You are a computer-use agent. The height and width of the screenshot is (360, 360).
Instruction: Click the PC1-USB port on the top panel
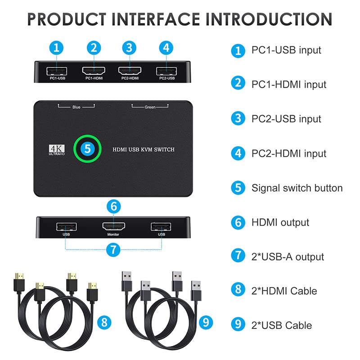point(56,71)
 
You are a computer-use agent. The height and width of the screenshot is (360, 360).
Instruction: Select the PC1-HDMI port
point(94,71)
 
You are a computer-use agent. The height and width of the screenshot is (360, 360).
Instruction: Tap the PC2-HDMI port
point(129,71)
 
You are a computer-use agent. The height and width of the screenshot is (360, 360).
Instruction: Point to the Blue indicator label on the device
point(76,108)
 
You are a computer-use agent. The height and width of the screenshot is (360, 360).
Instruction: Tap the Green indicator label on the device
point(150,108)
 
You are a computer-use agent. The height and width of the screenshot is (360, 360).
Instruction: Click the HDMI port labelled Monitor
point(112,226)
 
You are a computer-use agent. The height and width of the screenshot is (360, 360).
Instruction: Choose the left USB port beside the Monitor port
point(66,226)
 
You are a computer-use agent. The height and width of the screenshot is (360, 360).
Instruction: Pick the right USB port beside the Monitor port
point(161,226)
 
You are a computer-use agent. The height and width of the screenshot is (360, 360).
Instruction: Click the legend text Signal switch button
point(297,188)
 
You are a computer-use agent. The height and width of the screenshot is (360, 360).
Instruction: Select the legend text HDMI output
point(280,222)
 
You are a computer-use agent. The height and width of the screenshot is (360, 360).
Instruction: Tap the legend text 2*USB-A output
point(288,257)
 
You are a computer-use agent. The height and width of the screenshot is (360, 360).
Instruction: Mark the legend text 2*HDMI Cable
point(284,291)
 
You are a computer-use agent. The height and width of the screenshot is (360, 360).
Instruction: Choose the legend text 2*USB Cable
point(281,325)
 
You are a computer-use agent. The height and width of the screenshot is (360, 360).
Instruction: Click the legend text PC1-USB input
point(286,50)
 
